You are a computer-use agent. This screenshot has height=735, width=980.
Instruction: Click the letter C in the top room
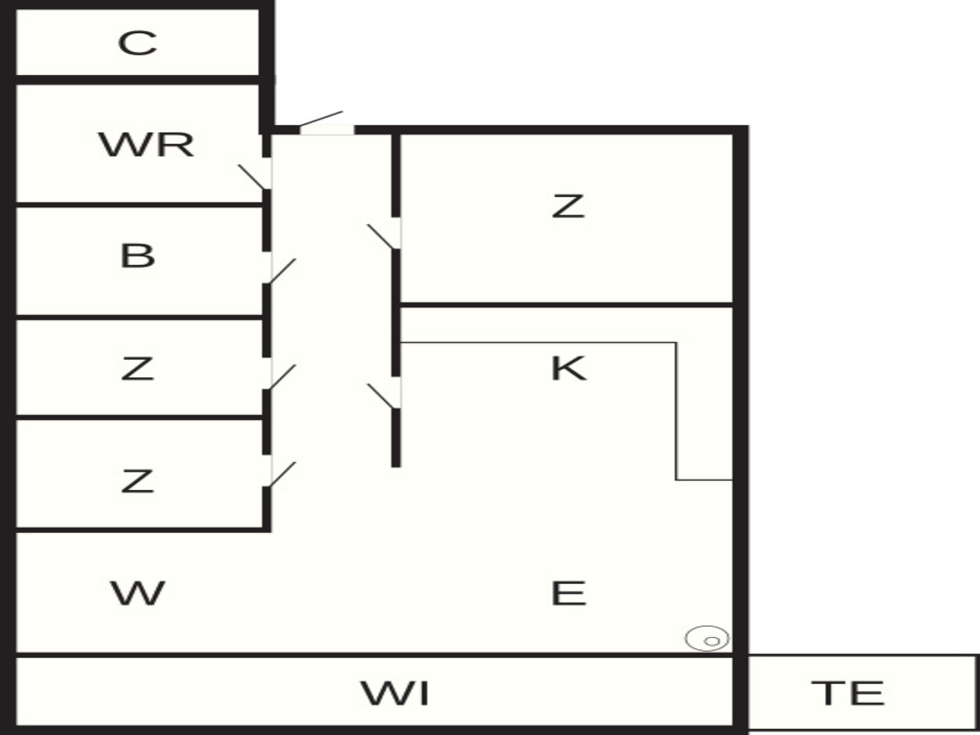coord(137,43)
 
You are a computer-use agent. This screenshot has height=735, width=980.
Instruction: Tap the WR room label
coord(146,144)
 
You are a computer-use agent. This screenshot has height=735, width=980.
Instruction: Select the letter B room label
coord(137,255)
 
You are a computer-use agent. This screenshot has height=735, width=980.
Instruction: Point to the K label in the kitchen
coord(569,368)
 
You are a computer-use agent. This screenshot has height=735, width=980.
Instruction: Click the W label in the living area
coord(137,593)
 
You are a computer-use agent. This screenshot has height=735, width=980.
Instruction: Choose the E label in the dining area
coord(569,593)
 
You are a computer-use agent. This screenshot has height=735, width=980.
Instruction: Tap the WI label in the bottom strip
coord(395,693)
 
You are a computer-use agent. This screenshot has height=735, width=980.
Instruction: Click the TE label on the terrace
coord(848,693)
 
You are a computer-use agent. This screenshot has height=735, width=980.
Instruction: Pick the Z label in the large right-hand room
coord(568,206)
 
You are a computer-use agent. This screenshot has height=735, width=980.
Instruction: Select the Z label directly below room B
coord(137,369)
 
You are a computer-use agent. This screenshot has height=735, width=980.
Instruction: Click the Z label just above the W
coord(137,481)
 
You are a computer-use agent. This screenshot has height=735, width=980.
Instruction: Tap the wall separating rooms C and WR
coord(137,80)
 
